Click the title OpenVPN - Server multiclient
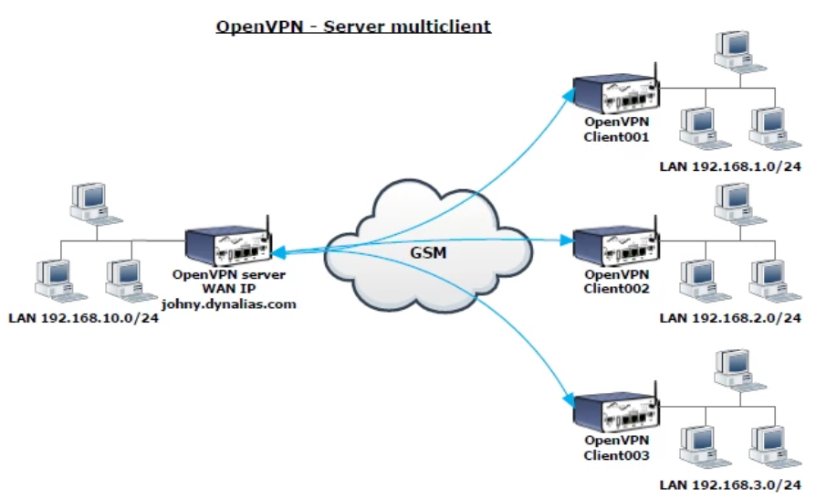point(353,26)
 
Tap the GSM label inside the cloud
point(427,251)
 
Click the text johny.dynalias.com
point(229,304)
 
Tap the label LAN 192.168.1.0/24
point(730,167)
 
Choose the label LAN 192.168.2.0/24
point(730,318)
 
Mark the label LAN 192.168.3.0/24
point(730,485)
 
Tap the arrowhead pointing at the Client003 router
point(568,401)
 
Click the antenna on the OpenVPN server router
point(267,224)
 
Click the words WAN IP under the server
point(229,290)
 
